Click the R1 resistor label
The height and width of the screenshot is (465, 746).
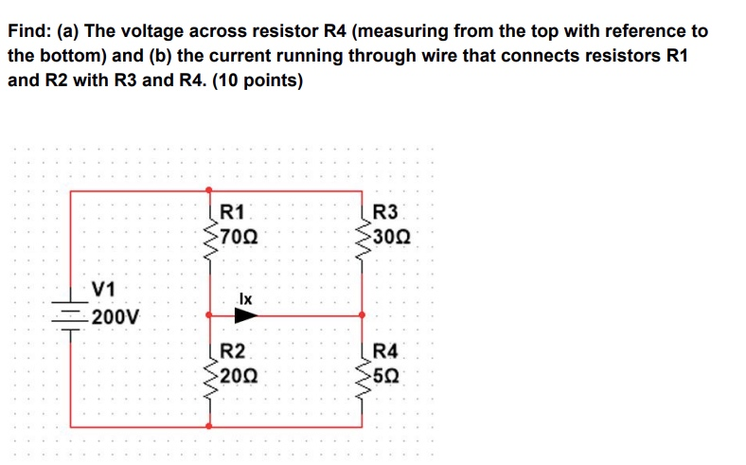(232, 212)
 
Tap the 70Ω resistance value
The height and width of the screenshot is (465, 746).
(236, 236)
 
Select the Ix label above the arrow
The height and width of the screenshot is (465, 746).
(244, 298)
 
